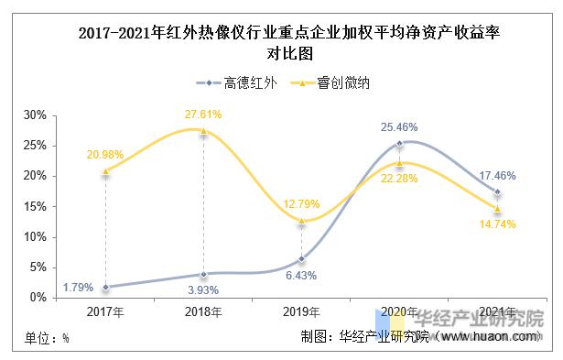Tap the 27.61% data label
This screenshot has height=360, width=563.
(x=203, y=115)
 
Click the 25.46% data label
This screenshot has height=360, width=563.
(x=398, y=125)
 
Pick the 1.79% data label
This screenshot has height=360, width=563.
(x=78, y=287)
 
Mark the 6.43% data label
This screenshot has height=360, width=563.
(x=301, y=275)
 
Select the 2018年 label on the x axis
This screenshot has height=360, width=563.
(x=203, y=312)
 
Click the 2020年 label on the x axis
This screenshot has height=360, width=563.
(x=399, y=312)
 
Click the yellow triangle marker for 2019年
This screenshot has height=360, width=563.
(x=301, y=220)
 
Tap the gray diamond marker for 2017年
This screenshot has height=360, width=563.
(x=106, y=287)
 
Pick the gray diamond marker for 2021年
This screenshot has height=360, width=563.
(x=497, y=191)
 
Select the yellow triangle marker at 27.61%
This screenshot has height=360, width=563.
(x=203, y=130)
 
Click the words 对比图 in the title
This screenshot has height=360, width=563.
(x=281, y=53)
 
